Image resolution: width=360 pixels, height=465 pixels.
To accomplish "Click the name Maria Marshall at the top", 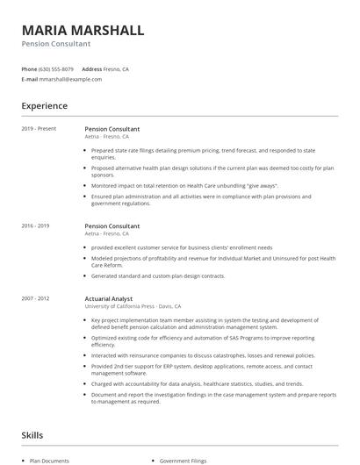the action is coord(83,30).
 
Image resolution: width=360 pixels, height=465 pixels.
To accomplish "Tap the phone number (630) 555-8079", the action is coord(57,68).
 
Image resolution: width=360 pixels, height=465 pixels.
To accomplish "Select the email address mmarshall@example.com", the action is coord(70,79).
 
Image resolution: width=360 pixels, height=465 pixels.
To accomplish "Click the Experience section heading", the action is coord(45,106).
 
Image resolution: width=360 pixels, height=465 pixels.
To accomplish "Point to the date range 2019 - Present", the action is coord(39,129).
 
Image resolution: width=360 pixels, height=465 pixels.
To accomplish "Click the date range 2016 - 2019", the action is coord(35,225).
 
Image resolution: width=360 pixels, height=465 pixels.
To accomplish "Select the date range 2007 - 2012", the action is coord(35,298).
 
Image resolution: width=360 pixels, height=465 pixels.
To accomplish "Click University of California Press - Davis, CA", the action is coord(133,306).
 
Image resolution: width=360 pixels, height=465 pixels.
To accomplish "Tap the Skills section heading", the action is coord(32,435).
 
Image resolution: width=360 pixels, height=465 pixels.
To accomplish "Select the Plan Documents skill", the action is coord(49,460).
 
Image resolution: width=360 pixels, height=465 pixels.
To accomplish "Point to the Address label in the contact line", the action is coord(92,68).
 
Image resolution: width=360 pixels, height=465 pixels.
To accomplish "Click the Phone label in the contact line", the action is coord(29,68).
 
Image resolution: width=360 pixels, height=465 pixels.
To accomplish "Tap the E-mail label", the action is coord(29,79).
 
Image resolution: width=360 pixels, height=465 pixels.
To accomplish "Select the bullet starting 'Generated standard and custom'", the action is coord(158,275).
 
